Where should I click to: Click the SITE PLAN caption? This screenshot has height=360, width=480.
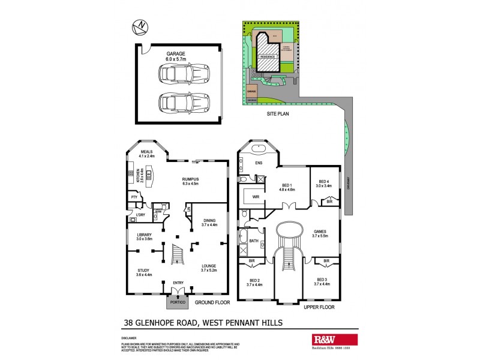coord(279,113)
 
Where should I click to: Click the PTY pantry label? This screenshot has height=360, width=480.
coord(134,197)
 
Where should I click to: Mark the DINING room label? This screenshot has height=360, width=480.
coord(209,221)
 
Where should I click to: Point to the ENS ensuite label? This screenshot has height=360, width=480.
coord(259,162)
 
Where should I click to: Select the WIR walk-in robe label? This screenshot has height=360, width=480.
coord(254,196)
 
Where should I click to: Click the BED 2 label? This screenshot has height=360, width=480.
coord(254,282)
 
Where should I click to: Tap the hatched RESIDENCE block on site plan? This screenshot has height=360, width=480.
coord(268,61)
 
